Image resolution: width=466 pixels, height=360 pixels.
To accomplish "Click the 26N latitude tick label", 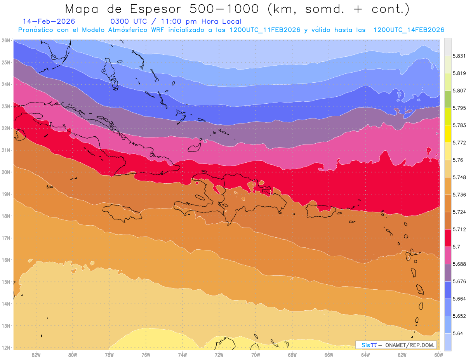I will click(6, 40).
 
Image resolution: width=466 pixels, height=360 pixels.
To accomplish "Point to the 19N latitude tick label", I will click(6, 194).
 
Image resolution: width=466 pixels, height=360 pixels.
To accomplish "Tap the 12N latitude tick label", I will click(6, 348).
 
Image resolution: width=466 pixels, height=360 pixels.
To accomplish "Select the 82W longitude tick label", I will click(36, 355).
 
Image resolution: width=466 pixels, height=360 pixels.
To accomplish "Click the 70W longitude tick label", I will click(256, 355).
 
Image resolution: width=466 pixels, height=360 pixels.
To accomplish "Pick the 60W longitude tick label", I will click(438, 355).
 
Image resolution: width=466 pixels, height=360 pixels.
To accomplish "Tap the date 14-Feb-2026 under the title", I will click(49, 21).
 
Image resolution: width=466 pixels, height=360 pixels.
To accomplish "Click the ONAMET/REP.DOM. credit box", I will click(396, 345).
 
